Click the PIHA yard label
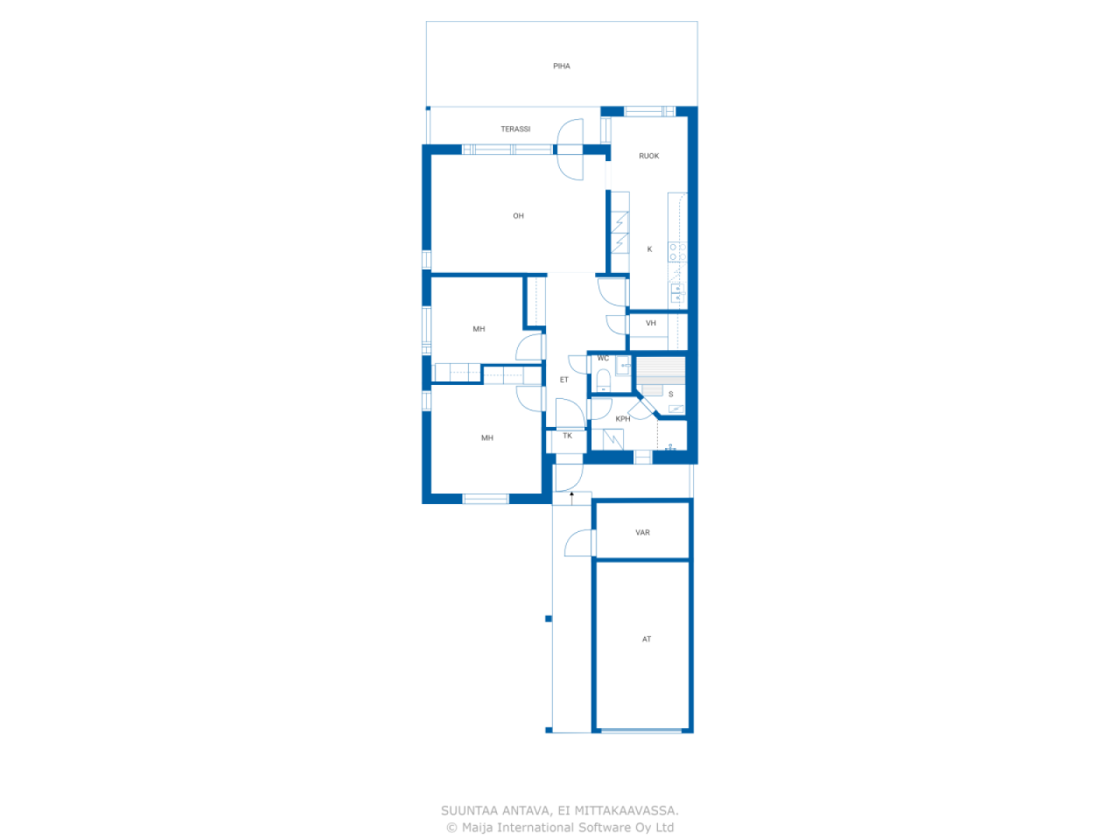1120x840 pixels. point(561,66)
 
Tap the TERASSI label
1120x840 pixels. point(515,129)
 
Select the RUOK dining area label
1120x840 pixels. point(648,156)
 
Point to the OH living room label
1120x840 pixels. point(518,216)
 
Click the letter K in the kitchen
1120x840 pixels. point(649,248)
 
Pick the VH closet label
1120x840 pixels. point(651,323)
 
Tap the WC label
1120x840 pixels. point(603,358)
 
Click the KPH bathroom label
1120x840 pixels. point(622,419)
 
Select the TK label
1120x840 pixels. point(567,436)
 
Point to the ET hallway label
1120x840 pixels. point(563,380)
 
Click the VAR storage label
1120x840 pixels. point(642,533)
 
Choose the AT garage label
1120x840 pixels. point(646,639)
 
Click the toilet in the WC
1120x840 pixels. point(603,381)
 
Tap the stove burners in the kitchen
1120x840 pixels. point(677,252)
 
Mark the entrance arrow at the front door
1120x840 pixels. point(571,498)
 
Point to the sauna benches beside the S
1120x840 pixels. point(660,371)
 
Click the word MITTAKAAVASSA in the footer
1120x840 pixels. point(626,810)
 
